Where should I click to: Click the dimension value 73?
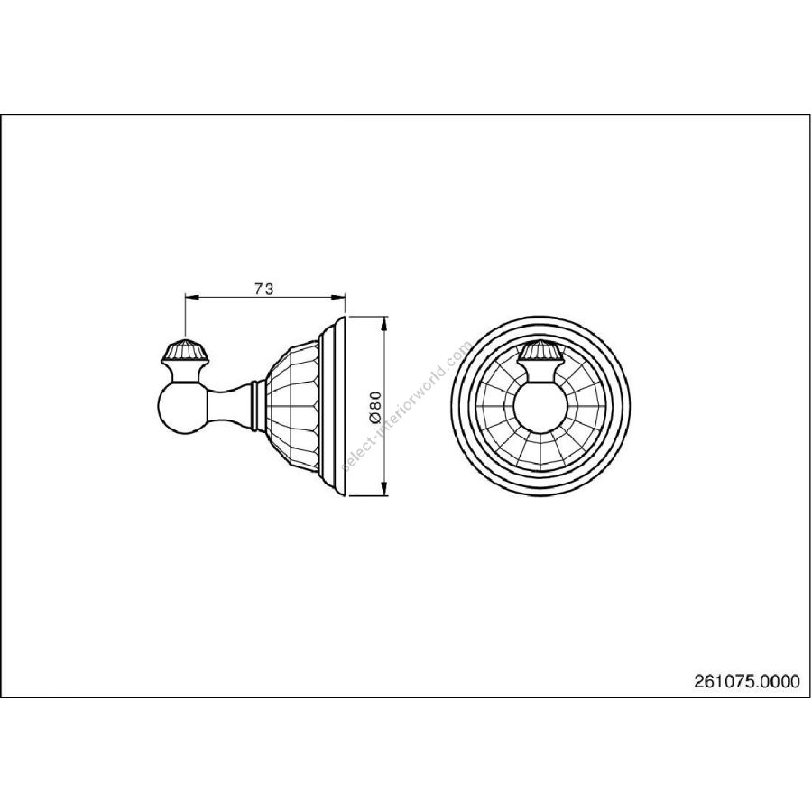pyautogui.click(x=263, y=289)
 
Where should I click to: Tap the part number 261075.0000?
pyautogui.click(x=746, y=681)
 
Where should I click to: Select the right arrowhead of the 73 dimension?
pyautogui.click(x=338, y=297)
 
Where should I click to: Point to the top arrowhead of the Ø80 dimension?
pyautogui.click(x=383, y=323)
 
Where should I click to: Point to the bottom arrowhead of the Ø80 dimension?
pyautogui.click(x=383, y=488)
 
